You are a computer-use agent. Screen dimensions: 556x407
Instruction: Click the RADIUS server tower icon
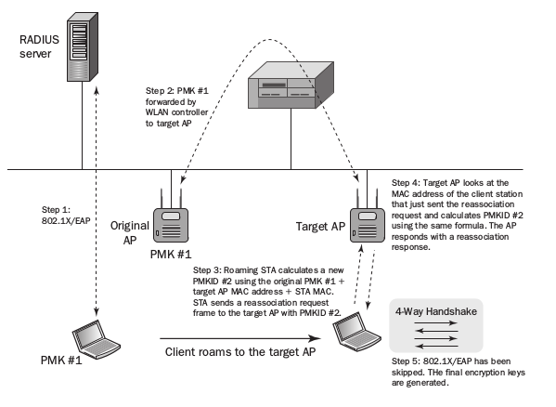[x=83, y=46]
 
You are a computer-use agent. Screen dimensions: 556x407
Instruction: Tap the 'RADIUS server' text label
[x=39, y=46]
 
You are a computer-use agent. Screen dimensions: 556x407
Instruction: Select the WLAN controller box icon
[x=291, y=85]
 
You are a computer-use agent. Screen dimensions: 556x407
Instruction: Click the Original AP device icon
[x=171, y=220]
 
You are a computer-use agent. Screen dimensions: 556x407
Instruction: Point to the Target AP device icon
[x=368, y=220]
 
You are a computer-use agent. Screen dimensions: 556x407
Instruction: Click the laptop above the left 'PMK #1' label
[x=97, y=339]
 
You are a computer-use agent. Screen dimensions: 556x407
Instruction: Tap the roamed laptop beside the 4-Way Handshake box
[x=356, y=332]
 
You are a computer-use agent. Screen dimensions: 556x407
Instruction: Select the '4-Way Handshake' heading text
[x=435, y=311]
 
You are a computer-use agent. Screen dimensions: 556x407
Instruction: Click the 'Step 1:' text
[x=56, y=210]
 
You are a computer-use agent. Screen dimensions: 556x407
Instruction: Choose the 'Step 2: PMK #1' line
[x=177, y=91]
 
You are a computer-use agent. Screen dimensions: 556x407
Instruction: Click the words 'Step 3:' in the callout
[x=207, y=270]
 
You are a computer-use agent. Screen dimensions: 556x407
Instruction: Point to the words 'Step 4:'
[x=406, y=183]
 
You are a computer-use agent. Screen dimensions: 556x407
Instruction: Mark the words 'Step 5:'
[x=406, y=361]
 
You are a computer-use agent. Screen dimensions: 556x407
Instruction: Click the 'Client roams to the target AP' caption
[x=240, y=352]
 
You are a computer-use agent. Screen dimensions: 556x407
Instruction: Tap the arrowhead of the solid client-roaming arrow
[x=316, y=338]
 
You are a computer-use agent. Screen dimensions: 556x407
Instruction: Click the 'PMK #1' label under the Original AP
[x=171, y=254]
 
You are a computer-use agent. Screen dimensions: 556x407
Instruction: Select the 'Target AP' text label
[x=320, y=227]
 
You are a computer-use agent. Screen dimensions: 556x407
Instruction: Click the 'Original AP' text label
[x=130, y=233]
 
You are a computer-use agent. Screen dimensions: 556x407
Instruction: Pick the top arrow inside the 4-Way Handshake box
[x=436, y=322]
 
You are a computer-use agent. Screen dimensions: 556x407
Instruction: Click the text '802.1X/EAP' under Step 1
[x=66, y=221]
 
